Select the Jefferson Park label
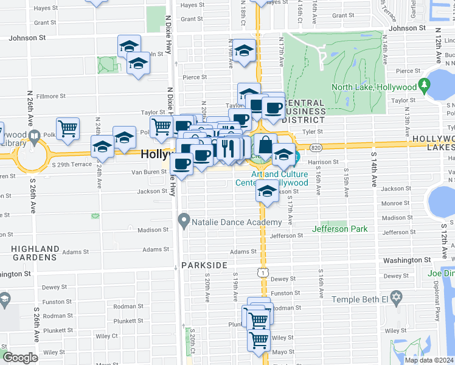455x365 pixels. coord(340,229)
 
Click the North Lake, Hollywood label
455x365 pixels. coord(373,87)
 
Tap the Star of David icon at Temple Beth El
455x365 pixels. coord(397,299)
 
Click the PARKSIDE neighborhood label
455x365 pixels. coord(204,265)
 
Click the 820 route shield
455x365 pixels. coord(315,148)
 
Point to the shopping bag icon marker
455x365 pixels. coord(265,145)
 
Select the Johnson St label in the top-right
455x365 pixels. coord(407,28)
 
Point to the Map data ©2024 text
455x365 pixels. coord(429,360)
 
